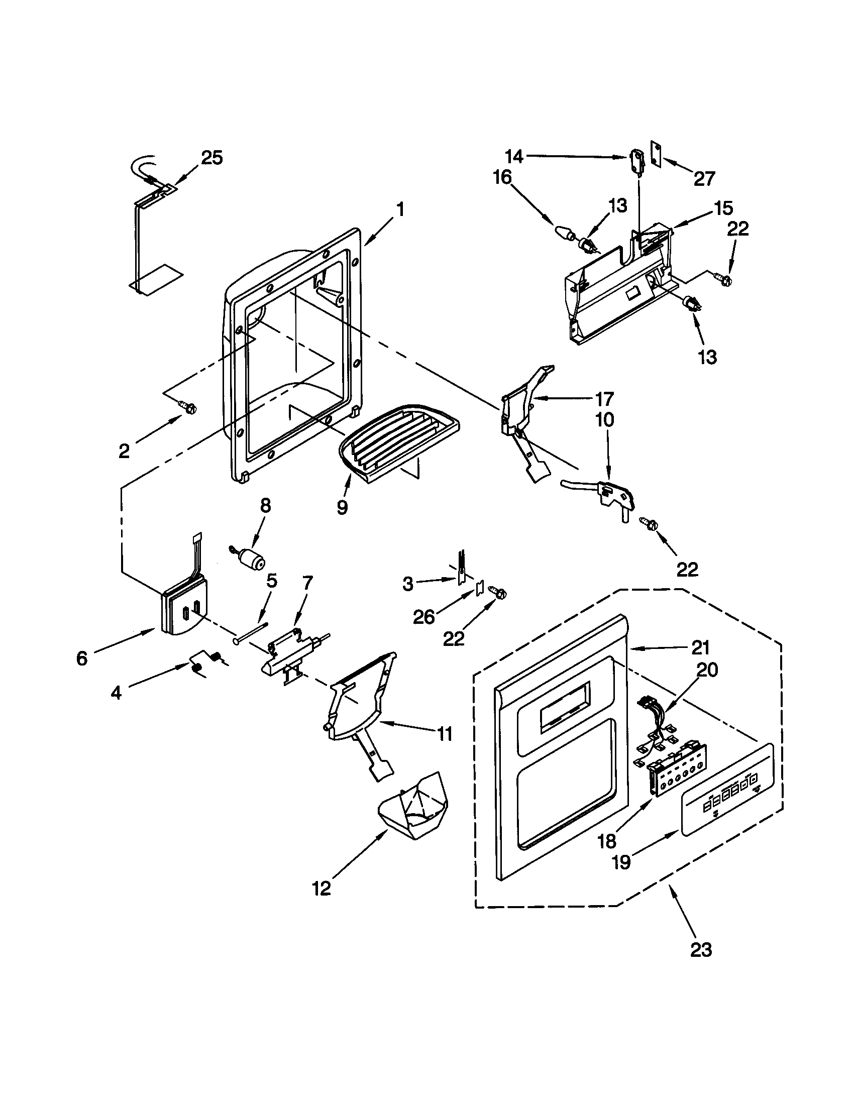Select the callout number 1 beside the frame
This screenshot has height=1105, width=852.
pyautogui.click(x=400, y=209)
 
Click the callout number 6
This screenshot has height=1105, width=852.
pyautogui.click(x=82, y=658)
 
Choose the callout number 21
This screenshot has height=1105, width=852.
pyautogui.click(x=700, y=647)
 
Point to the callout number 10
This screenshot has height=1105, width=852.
pyautogui.click(x=605, y=419)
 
